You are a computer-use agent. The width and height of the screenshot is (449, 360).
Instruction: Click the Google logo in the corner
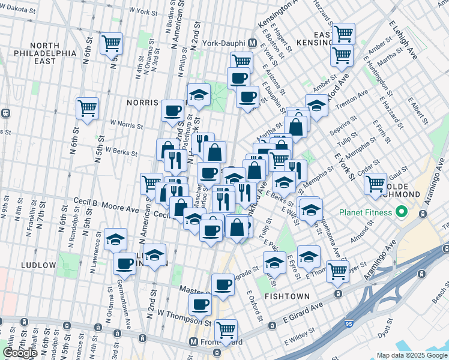point(20,352)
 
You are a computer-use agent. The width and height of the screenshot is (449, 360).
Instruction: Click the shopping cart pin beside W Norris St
point(88,109)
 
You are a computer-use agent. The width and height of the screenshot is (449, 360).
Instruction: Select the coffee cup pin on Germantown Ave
point(125,262)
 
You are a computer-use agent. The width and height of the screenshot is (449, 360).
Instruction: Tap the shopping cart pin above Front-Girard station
point(226,329)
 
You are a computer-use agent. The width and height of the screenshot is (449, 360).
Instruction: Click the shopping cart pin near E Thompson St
point(337,270)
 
